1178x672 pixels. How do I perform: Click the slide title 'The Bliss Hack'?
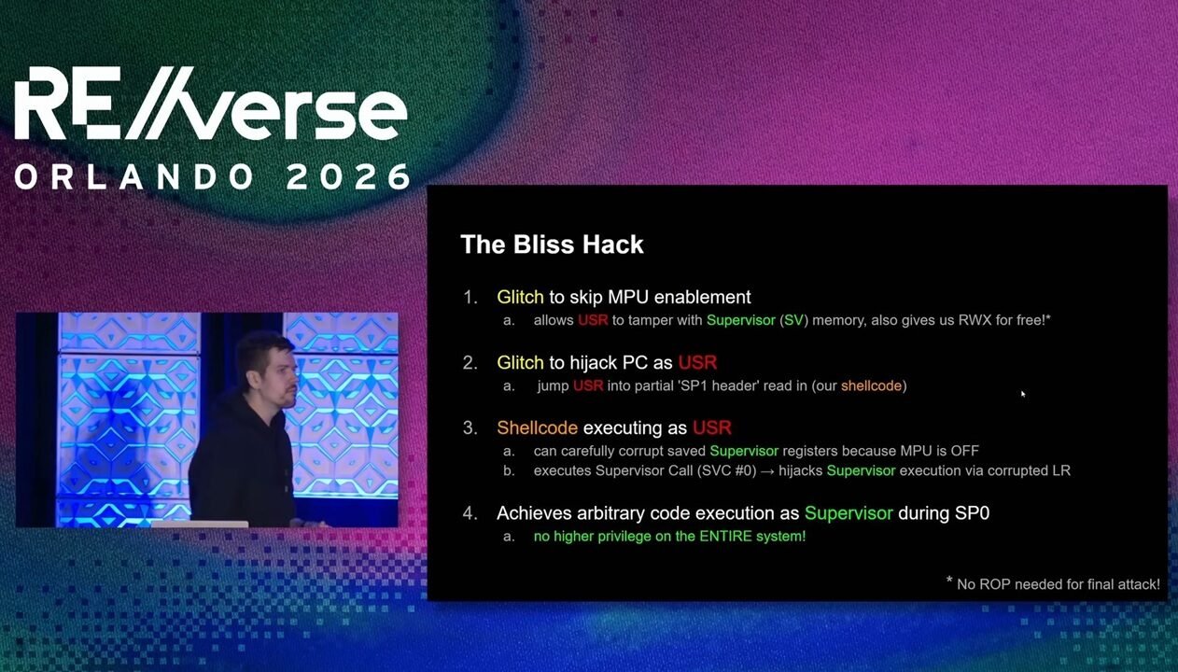(x=552, y=245)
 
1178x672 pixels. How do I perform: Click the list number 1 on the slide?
(x=470, y=298)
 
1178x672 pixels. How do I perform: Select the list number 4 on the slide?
(x=470, y=513)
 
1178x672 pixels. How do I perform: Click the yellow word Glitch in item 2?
(x=520, y=363)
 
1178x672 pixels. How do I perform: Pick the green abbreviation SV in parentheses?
(x=793, y=320)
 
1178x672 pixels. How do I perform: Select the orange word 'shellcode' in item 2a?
(x=871, y=385)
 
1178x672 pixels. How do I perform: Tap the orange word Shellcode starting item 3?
(x=537, y=428)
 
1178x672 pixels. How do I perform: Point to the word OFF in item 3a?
(x=964, y=451)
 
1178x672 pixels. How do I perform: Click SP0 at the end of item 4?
(x=970, y=513)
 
